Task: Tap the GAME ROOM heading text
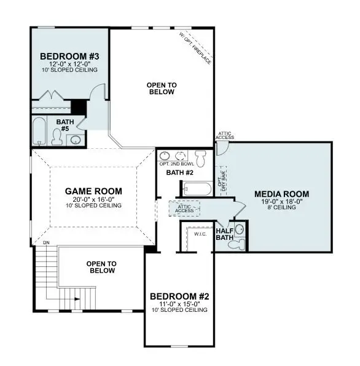point(94,191)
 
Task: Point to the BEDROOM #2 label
point(180,296)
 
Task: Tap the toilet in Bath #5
point(57,139)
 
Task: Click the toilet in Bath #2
point(200,156)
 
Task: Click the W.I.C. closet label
point(200,234)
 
